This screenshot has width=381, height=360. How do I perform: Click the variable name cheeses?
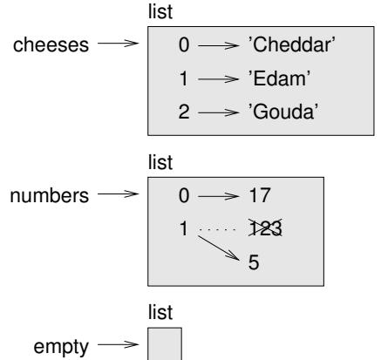(51, 45)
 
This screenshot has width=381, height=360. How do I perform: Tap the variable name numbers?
(50, 195)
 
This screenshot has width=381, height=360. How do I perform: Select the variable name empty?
(61, 347)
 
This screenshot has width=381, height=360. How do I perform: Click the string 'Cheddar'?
(291, 45)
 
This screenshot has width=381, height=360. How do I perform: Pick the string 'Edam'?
(279, 78)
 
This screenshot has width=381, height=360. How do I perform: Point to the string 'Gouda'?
(283, 112)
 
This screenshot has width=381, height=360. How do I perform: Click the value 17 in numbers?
(260, 195)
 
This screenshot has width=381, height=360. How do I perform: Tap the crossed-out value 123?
(265, 228)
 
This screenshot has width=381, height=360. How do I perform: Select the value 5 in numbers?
(254, 262)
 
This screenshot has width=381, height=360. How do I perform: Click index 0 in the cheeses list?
(184, 45)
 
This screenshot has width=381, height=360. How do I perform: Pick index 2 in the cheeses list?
(184, 112)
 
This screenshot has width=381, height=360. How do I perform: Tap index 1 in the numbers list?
(184, 228)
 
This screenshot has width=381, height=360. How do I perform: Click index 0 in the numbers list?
(184, 195)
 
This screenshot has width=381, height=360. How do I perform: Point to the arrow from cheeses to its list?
(119, 44)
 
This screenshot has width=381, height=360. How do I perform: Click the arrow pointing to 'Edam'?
(218, 78)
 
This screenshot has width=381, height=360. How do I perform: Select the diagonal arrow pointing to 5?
(219, 248)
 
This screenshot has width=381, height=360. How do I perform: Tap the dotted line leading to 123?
(217, 229)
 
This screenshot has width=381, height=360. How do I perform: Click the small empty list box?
(165, 343)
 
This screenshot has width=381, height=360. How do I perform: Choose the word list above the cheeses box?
(160, 11)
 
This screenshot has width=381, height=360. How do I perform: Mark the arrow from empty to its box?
(119, 344)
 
